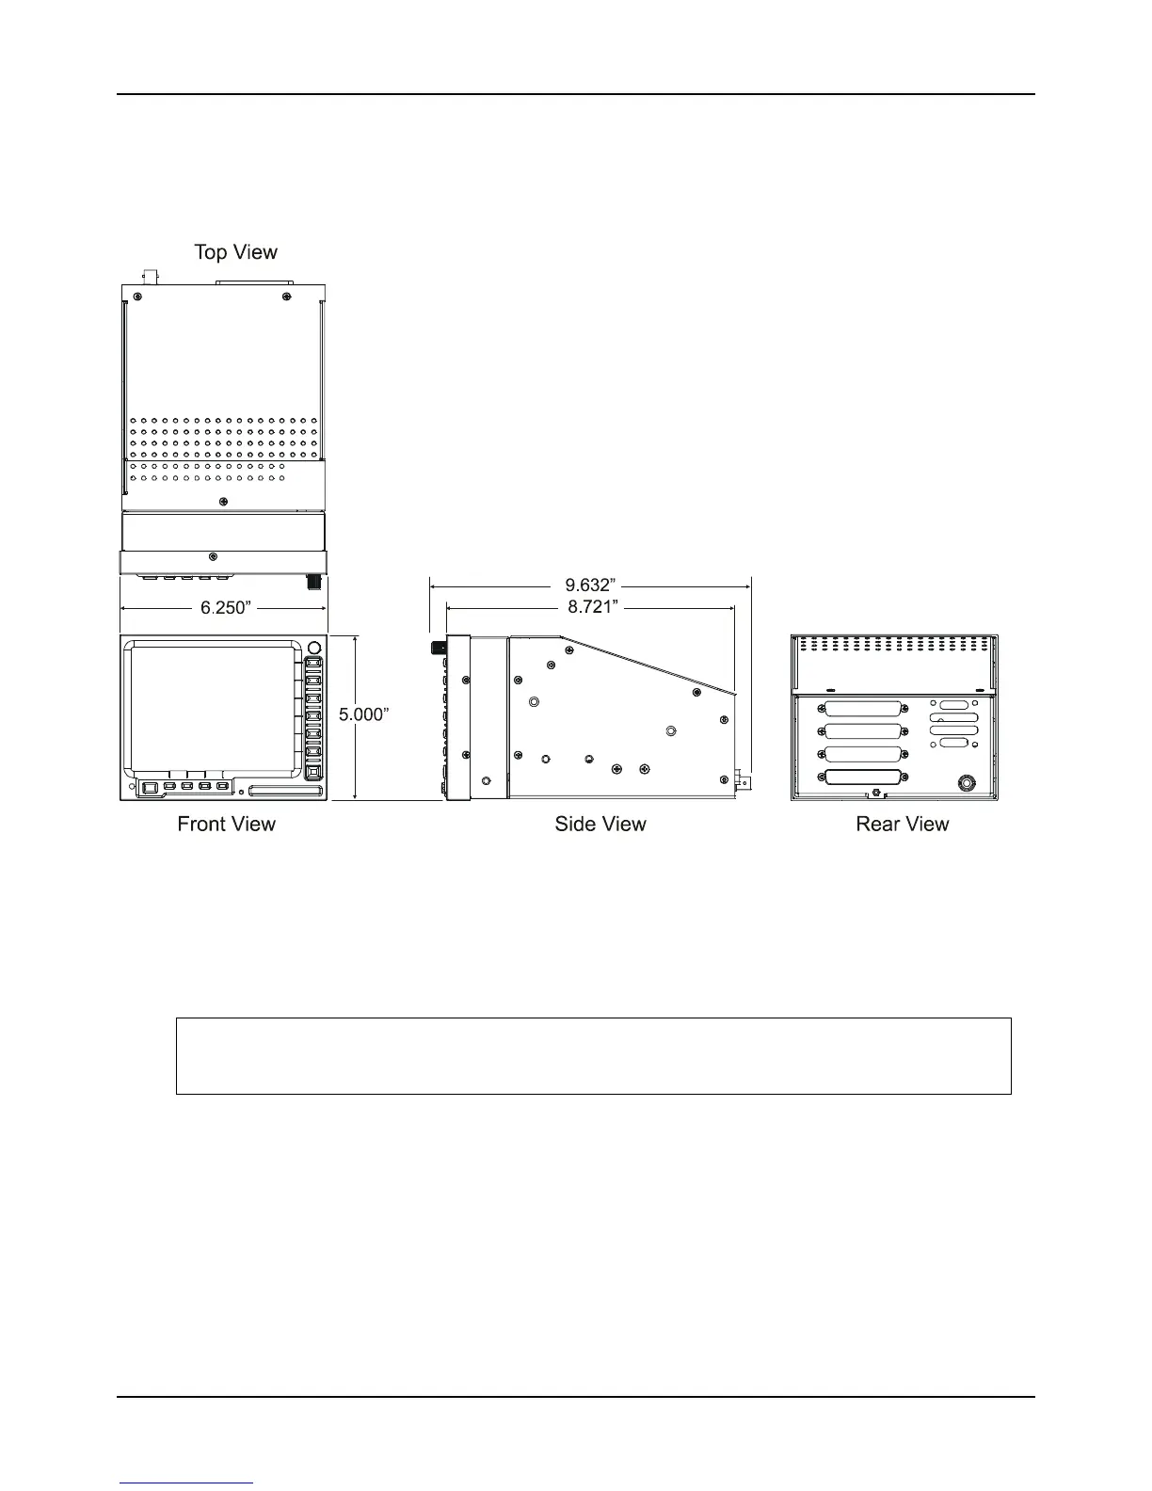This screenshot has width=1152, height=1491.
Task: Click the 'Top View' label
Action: [235, 252]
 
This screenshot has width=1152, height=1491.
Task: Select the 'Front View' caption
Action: [226, 825]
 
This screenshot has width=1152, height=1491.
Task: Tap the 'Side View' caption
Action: [600, 825]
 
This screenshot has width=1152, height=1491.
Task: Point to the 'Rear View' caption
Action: [902, 825]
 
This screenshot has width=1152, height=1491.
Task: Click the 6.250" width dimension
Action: [226, 608]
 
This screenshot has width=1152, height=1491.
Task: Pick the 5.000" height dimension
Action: [363, 714]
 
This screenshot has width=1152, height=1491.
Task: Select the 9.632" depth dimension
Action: [589, 585]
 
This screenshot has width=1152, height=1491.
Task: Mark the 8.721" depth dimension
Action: [592, 607]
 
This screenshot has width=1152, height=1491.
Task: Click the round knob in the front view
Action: [314, 649]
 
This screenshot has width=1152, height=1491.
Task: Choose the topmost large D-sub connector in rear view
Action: [863, 709]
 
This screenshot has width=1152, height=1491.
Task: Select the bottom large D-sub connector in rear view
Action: [863, 778]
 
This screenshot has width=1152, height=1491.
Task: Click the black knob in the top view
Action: [314, 583]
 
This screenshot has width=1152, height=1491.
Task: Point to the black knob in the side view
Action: [438, 649]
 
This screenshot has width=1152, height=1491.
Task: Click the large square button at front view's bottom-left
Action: [149, 786]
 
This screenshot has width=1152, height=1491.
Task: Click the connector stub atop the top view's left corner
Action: [149, 277]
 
